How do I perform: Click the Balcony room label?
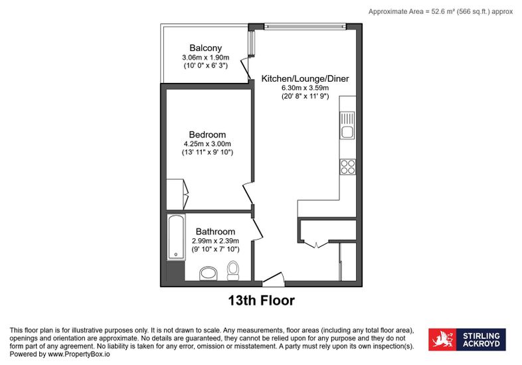(x=205, y=48)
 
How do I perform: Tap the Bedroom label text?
(x=207, y=135)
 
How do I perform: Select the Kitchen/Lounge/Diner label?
(x=305, y=79)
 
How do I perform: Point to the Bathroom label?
(x=215, y=232)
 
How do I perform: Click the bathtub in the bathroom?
(x=176, y=237)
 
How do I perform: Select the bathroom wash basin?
(x=209, y=273)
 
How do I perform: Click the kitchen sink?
(x=347, y=125)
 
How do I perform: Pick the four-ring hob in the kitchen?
(x=347, y=167)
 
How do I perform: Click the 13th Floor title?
(x=262, y=301)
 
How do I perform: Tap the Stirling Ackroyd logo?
(x=467, y=339)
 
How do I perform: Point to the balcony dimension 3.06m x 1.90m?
(x=205, y=57)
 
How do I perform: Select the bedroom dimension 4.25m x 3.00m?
(x=207, y=144)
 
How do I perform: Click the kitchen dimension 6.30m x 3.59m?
(x=305, y=88)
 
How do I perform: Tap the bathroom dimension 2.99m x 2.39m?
(x=215, y=241)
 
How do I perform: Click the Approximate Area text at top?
(x=440, y=12)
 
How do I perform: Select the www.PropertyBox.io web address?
(x=79, y=354)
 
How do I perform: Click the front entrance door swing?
(x=274, y=279)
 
